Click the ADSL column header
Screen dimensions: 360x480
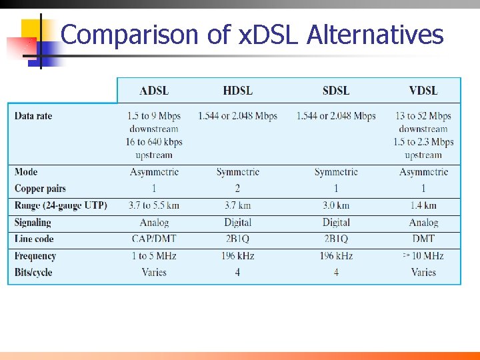coord(154,91)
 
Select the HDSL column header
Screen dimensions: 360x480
coord(237,91)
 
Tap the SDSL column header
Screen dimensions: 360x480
coord(336,91)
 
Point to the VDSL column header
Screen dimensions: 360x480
coord(423,91)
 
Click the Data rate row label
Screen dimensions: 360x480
coord(33,116)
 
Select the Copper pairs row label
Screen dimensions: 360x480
coord(40,189)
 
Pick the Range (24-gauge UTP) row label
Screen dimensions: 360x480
coord(61,205)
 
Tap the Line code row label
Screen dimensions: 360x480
coord(34,239)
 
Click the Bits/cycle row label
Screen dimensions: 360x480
coord(33,272)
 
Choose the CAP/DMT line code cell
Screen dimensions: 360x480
coord(154,239)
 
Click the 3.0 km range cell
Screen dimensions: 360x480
coord(336,205)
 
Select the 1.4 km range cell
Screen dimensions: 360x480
coord(423,205)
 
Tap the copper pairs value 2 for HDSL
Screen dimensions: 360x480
coord(237,189)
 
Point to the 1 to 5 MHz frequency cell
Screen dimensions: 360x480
coord(154,256)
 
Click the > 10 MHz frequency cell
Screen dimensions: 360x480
coord(423,256)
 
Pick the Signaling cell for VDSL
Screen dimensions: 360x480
coord(423,223)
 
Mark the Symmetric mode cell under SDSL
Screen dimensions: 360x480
coord(336,172)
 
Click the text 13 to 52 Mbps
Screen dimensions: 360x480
coord(423,116)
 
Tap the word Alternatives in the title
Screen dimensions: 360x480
coord(375,35)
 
